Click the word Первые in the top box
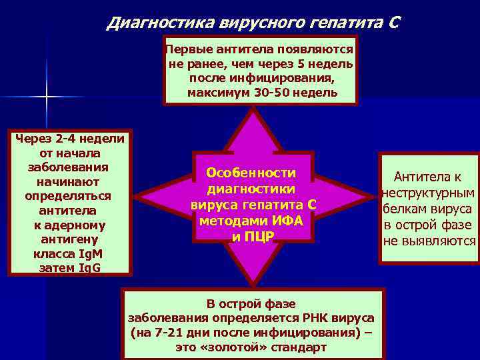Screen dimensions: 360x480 coord(187,50)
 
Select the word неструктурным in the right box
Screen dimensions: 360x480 coord(429,193)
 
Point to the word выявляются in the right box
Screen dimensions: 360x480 coord(440,241)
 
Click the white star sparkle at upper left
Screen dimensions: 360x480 coord(47,97)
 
